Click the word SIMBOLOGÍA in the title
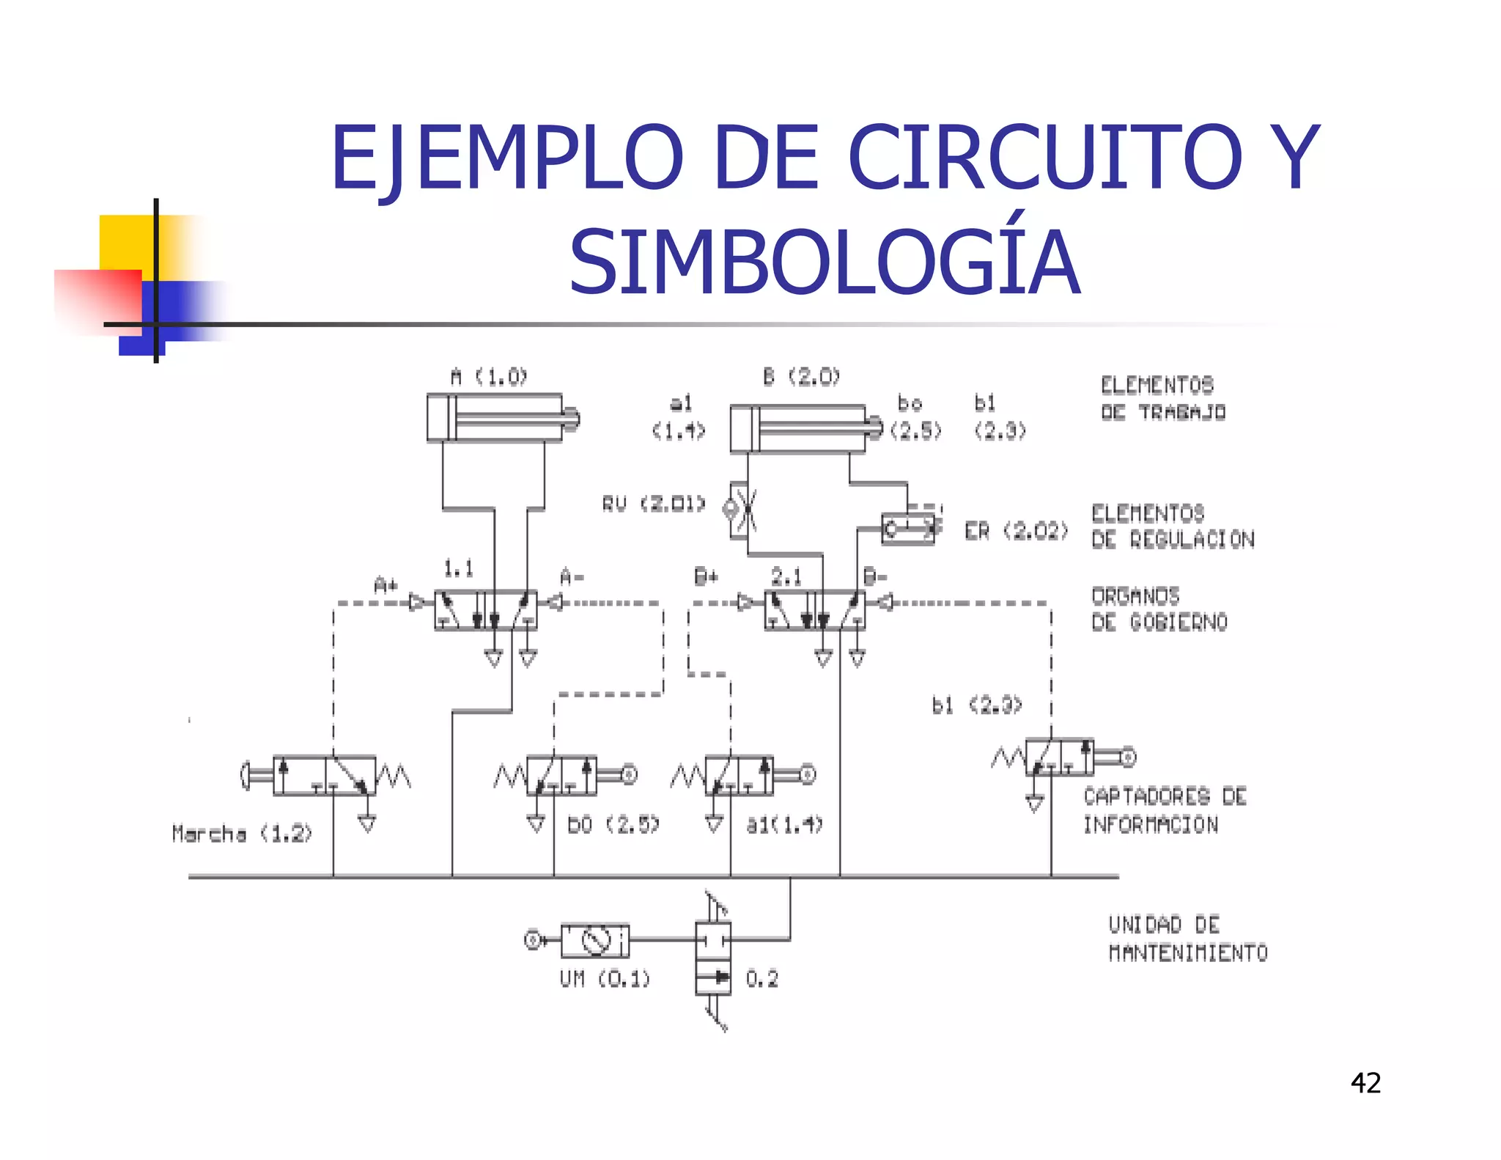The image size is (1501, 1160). pyautogui.click(x=824, y=263)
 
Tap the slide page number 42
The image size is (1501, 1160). pyautogui.click(x=1365, y=1083)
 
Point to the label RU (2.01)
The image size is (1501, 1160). pyautogui.click(x=654, y=504)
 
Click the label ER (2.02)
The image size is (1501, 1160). pyautogui.click(x=1017, y=531)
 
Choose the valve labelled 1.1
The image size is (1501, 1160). pyautogui.click(x=485, y=610)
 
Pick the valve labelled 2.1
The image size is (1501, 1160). pyautogui.click(x=814, y=610)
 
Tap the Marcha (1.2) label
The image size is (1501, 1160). pyautogui.click(x=242, y=834)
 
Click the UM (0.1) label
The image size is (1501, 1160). pyautogui.click(x=605, y=979)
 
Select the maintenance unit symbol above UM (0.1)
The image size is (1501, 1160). pyautogui.click(x=594, y=940)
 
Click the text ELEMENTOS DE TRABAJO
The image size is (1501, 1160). pyautogui.click(x=1163, y=398)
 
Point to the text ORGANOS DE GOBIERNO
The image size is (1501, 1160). pyautogui.click(x=1159, y=609)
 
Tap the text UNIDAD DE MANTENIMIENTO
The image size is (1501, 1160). pyautogui.click(x=1187, y=939)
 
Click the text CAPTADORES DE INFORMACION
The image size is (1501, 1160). pyautogui.click(x=1165, y=810)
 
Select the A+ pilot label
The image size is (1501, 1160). pyautogui.click(x=386, y=585)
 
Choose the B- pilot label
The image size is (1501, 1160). pyautogui.click(x=875, y=576)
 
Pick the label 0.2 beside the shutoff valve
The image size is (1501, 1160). pyautogui.click(x=762, y=979)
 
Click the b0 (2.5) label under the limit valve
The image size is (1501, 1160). pyautogui.click(x=613, y=825)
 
